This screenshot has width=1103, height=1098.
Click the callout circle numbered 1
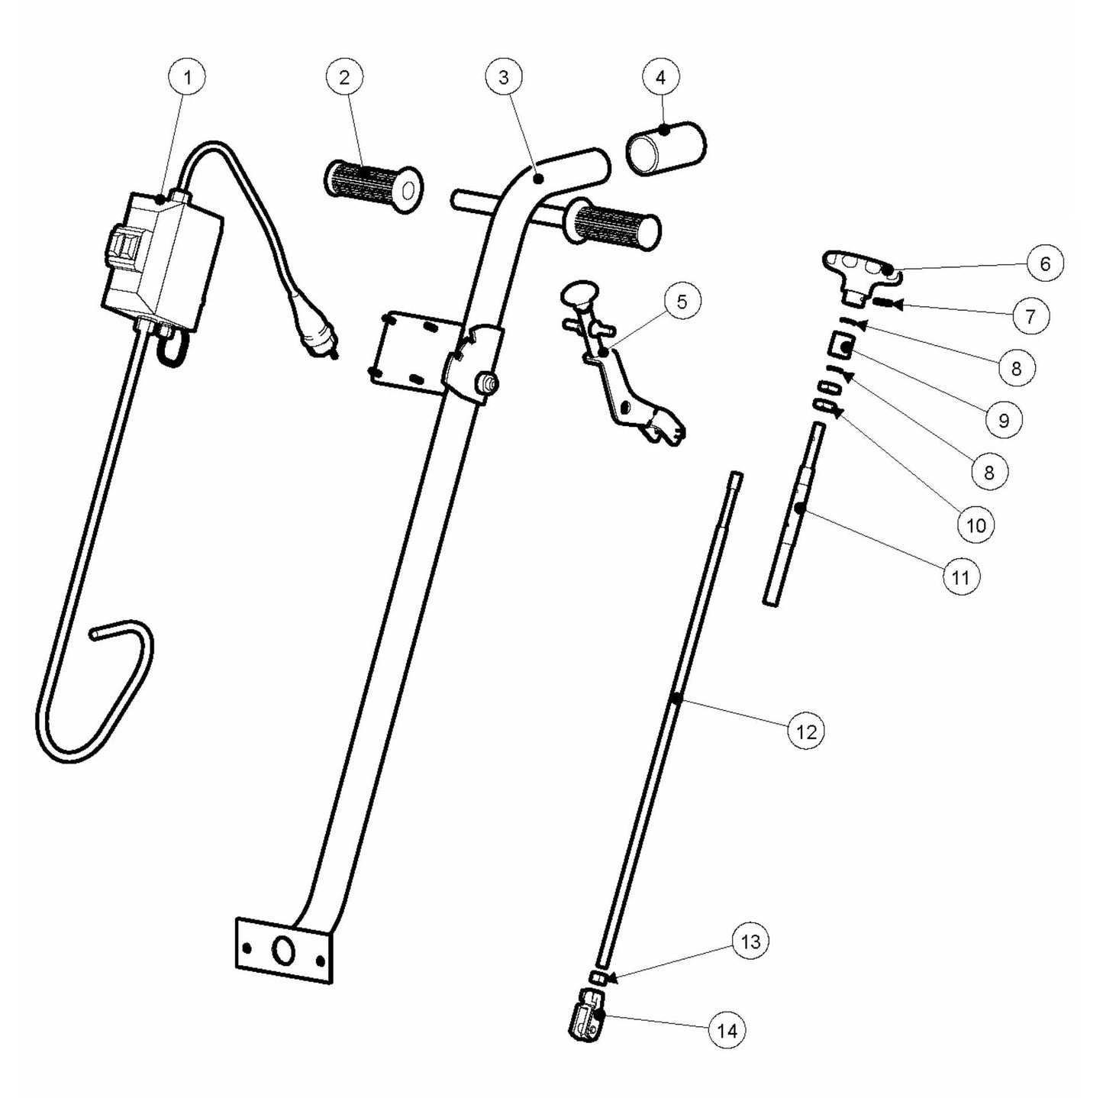click(x=187, y=76)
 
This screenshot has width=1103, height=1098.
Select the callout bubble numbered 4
click(x=660, y=76)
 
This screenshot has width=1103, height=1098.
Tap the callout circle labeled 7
click(x=1030, y=315)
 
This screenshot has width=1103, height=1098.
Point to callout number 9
click(x=1003, y=420)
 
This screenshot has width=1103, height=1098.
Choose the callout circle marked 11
click(x=960, y=577)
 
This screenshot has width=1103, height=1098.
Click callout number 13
click(x=750, y=941)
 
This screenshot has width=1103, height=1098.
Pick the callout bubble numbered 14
click(x=727, y=1031)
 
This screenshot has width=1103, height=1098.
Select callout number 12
click(x=806, y=731)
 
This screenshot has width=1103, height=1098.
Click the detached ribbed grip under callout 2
click(x=374, y=186)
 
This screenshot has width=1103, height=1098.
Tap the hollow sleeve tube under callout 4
click(x=666, y=147)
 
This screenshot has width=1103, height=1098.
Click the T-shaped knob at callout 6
click(x=856, y=270)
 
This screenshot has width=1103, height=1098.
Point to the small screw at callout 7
click(x=883, y=304)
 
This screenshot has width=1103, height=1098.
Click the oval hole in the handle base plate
click(x=283, y=951)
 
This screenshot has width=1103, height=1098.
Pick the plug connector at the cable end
click(x=318, y=337)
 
